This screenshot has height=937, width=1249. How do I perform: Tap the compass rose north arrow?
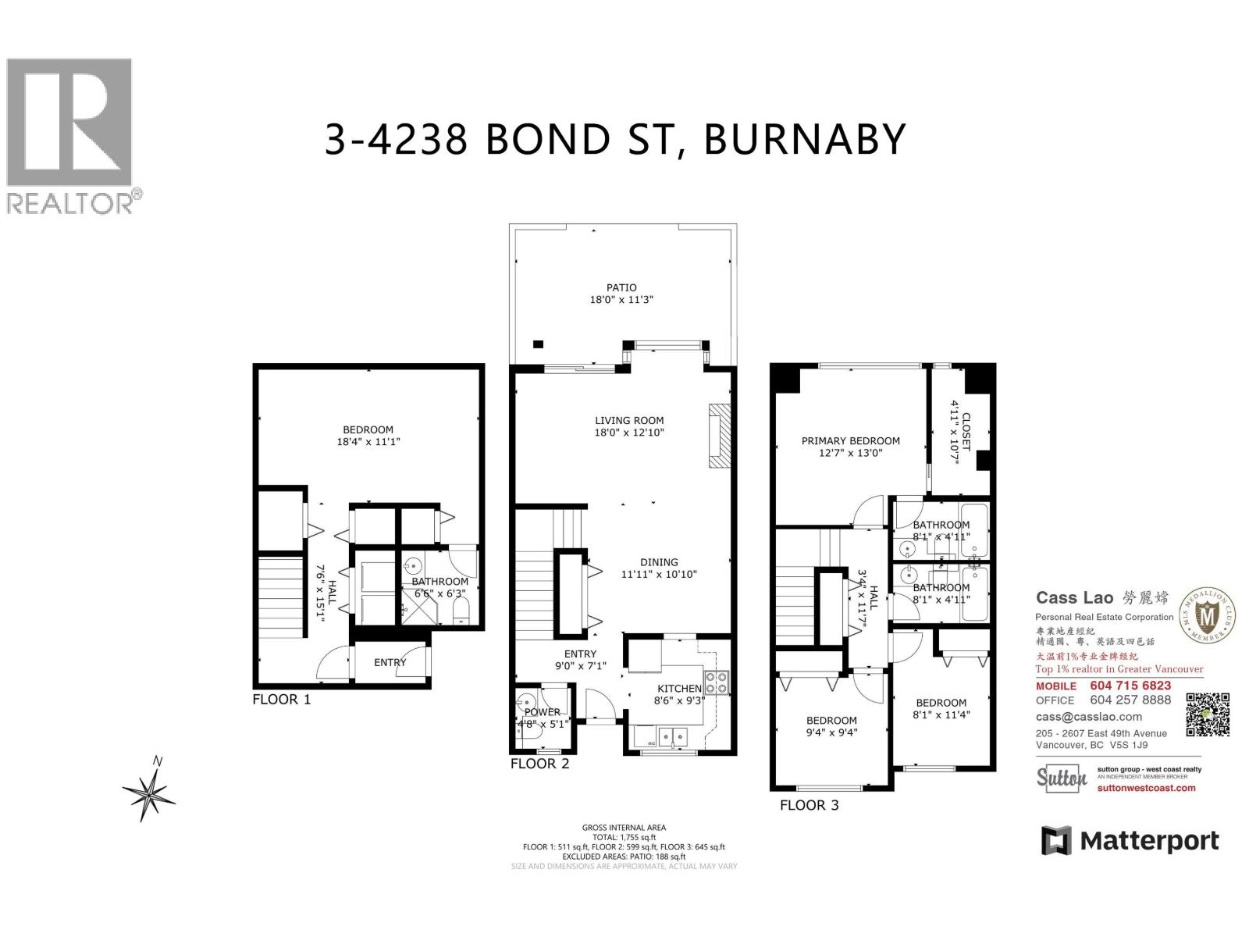pos(149,795)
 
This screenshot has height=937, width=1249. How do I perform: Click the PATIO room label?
pos(621,287)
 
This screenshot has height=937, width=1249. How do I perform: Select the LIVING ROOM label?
pos(629,420)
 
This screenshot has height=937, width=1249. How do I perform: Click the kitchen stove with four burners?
pos(717,683)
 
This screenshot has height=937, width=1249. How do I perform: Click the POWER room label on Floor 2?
pos(542,712)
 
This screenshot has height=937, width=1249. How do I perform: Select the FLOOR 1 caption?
pos(281,700)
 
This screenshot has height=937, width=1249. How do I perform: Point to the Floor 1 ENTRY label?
pos(390,662)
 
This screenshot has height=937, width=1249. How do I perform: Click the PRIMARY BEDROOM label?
pos(850,440)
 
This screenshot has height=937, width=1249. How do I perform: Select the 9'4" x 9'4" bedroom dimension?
pos(831,732)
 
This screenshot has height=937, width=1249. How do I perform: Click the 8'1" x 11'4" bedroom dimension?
pos(941,714)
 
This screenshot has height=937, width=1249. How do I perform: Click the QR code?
pos(1208,714)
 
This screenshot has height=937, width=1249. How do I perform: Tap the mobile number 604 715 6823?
pos(1130,686)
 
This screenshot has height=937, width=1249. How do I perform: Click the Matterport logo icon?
pos(1056,841)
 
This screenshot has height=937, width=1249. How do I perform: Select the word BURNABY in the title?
pos(805,139)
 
